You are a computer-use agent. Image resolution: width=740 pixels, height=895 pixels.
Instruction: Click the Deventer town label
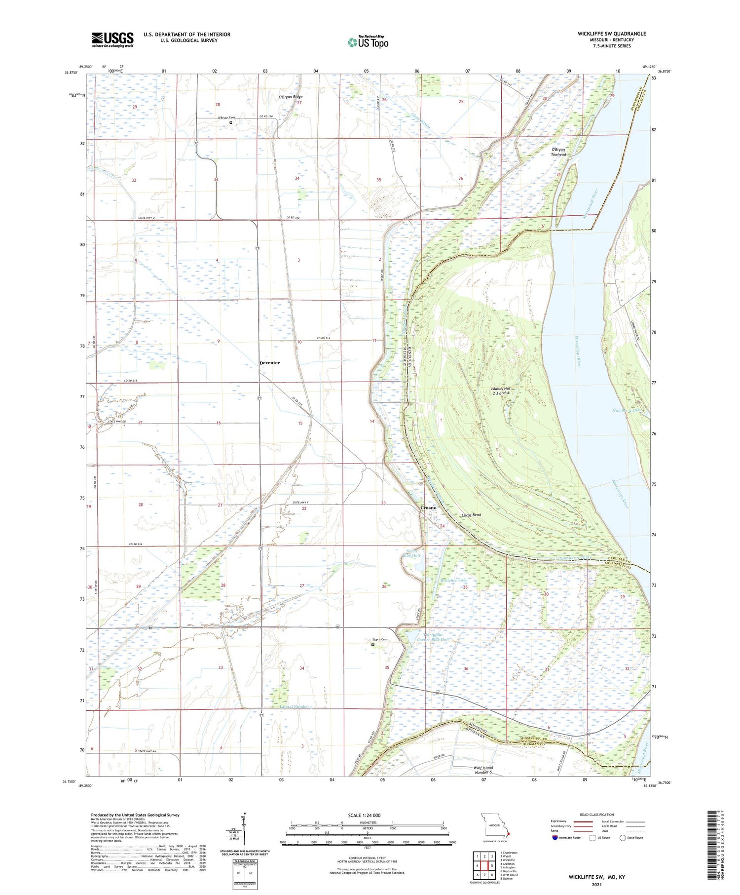click(x=269, y=363)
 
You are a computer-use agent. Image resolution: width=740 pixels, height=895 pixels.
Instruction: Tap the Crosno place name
click(x=428, y=507)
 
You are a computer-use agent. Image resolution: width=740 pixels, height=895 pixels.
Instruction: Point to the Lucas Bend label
click(x=471, y=515)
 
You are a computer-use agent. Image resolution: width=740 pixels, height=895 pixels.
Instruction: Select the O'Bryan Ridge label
click(x=291, y=97)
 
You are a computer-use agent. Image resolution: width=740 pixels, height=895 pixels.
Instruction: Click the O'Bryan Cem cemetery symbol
click(x=230, y=123)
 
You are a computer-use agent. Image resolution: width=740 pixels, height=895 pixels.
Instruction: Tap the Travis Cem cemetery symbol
click(x=373, y=644)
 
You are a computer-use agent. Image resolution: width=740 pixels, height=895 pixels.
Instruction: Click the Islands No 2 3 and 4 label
click(x=503, y=391)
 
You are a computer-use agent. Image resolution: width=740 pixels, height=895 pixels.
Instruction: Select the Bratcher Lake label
click(x=454, y=580)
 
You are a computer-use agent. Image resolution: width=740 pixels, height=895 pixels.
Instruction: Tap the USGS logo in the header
click(x=112, y=39)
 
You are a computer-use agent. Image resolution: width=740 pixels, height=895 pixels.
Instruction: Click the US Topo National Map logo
click(x=368, y=42)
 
